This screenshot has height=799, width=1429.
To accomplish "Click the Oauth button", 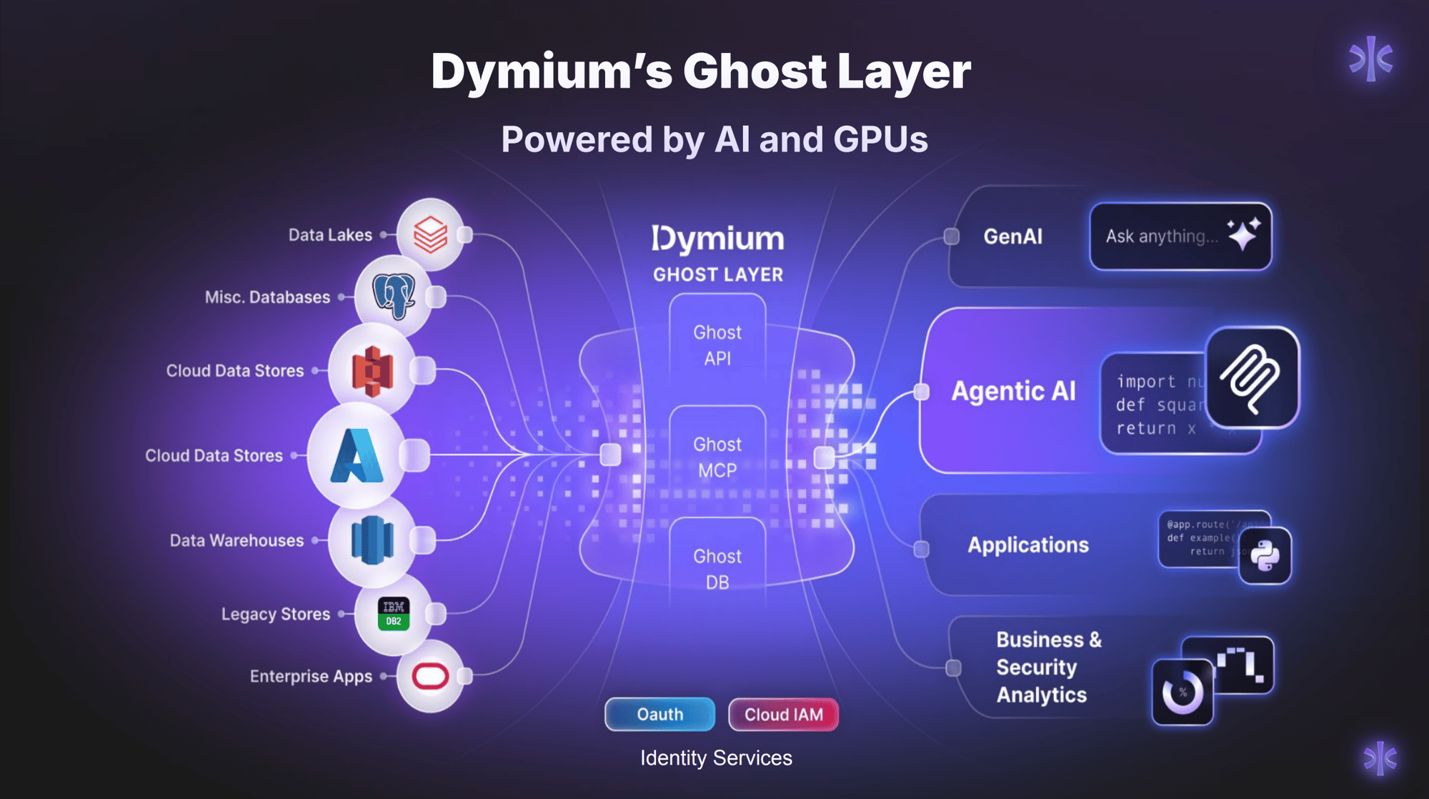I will pyautogui.click(x=659, y=714).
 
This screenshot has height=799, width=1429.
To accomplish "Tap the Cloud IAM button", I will pyautogui.click(x=783, y=714).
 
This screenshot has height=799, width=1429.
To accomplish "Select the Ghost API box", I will pyautogui.click(x=717, y=345).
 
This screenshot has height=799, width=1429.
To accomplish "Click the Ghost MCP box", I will pyautogui.click(x=717, y=457).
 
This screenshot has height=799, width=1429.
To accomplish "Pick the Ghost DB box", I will pyautogui.click(x=717, y=569).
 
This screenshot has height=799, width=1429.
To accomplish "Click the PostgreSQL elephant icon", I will pyautogui.click(x=393, y=295).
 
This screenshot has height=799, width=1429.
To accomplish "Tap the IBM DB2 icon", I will pyautogui.click(x=393, y=613).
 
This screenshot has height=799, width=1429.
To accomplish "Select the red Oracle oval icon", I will pyautogui.click(x=430, y=675).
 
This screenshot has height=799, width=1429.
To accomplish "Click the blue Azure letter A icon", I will pyautogui.click(x=357, y=455).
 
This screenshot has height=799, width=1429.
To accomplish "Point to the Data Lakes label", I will pyautogui.click(x=330, y=235).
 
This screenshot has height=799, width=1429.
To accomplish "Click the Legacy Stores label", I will pyautogui.click(x=275, y=614).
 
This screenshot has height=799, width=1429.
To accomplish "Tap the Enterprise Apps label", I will pyautogui.click(x=311, y=676).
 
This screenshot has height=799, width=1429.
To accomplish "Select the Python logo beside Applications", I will pyautogui.click(x=1265, y=556).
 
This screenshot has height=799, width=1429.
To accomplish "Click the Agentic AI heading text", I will pyautogui.click(x=1013, y=391).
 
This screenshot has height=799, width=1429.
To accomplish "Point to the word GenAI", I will pyautogui.click(x=1012, y=237).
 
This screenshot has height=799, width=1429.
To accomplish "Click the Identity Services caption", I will pyautogui.click(x=716, y=758).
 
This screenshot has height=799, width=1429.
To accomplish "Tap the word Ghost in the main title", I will pyautogui.click(x=755, y=71).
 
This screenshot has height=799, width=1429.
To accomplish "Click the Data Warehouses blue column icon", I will pyautogui.click(x=372, y=540).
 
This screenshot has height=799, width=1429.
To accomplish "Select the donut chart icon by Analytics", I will pyautogui.click(x=1182, y=692).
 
